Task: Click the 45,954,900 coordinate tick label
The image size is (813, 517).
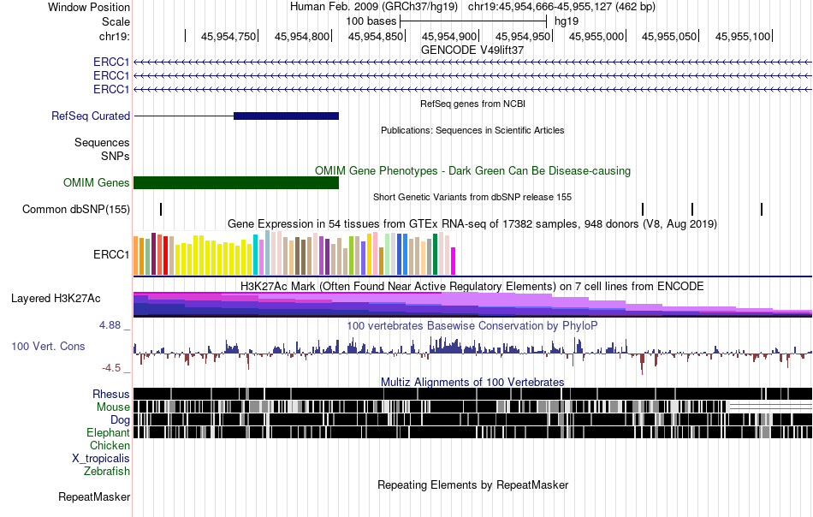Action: pyautogui.click(x=449, y=36)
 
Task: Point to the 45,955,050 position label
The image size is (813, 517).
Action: pyautogui.click(x=669, y=36)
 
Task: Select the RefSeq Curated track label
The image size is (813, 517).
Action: pyautogui.click(x=91, y=116)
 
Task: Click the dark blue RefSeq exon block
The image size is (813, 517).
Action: pyautogui.click(x=286, y=116)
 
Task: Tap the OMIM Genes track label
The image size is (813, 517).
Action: pyautogui.click(x=97, y=182)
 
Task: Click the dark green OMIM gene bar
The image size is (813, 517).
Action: pyautogui.click(x=236, y=182)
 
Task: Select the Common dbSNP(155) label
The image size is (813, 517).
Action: pyautogui.click(x=76, y=210)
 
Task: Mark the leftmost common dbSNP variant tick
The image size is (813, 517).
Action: pyautogui.click(x=161, y=210)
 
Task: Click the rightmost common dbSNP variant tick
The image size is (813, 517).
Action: pyautogui.click(x=762, y=210)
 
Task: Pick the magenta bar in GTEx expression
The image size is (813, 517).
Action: pyautogui.click(x=453, y=261)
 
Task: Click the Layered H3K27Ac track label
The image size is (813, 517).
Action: pyautogui.click(x=56, y=298)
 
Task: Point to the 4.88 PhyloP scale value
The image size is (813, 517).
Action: pyautogui.click(x=110, y=325)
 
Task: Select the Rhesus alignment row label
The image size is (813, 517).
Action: pyautogui.click(x=111, y=394)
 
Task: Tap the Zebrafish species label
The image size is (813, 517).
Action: pyautogui.click(x=107, y=472)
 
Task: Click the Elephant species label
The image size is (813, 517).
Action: pyautogui.click(x=109, y=433)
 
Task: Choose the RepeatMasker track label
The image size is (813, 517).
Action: pyautogui.click(x=94, y=496)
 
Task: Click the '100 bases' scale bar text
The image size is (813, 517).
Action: pyautogui.click(x=371, y=21)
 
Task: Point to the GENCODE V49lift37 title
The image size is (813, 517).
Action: pyautogui.click(x=472, y=50)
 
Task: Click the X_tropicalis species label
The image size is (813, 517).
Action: pyautogui.click(x=101, y=459)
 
